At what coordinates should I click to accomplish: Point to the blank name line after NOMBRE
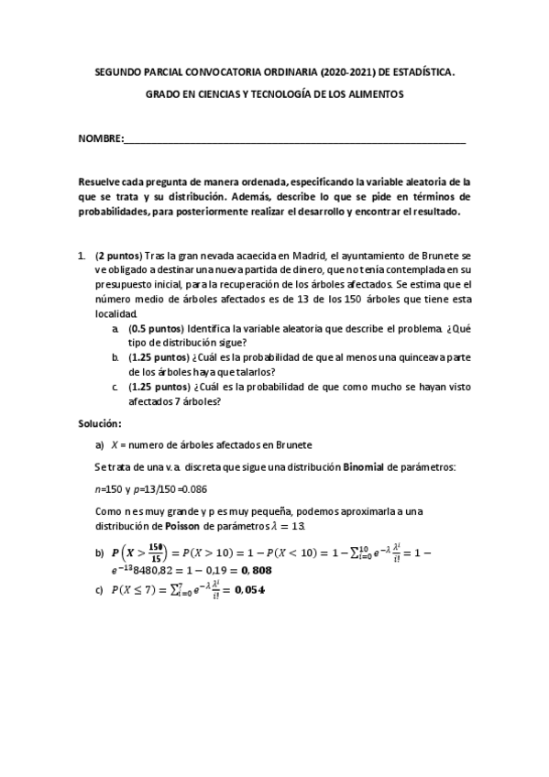pyautogui.click(x=293, y=139)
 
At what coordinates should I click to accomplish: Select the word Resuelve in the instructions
pyautogui.click(x=100, y=181)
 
